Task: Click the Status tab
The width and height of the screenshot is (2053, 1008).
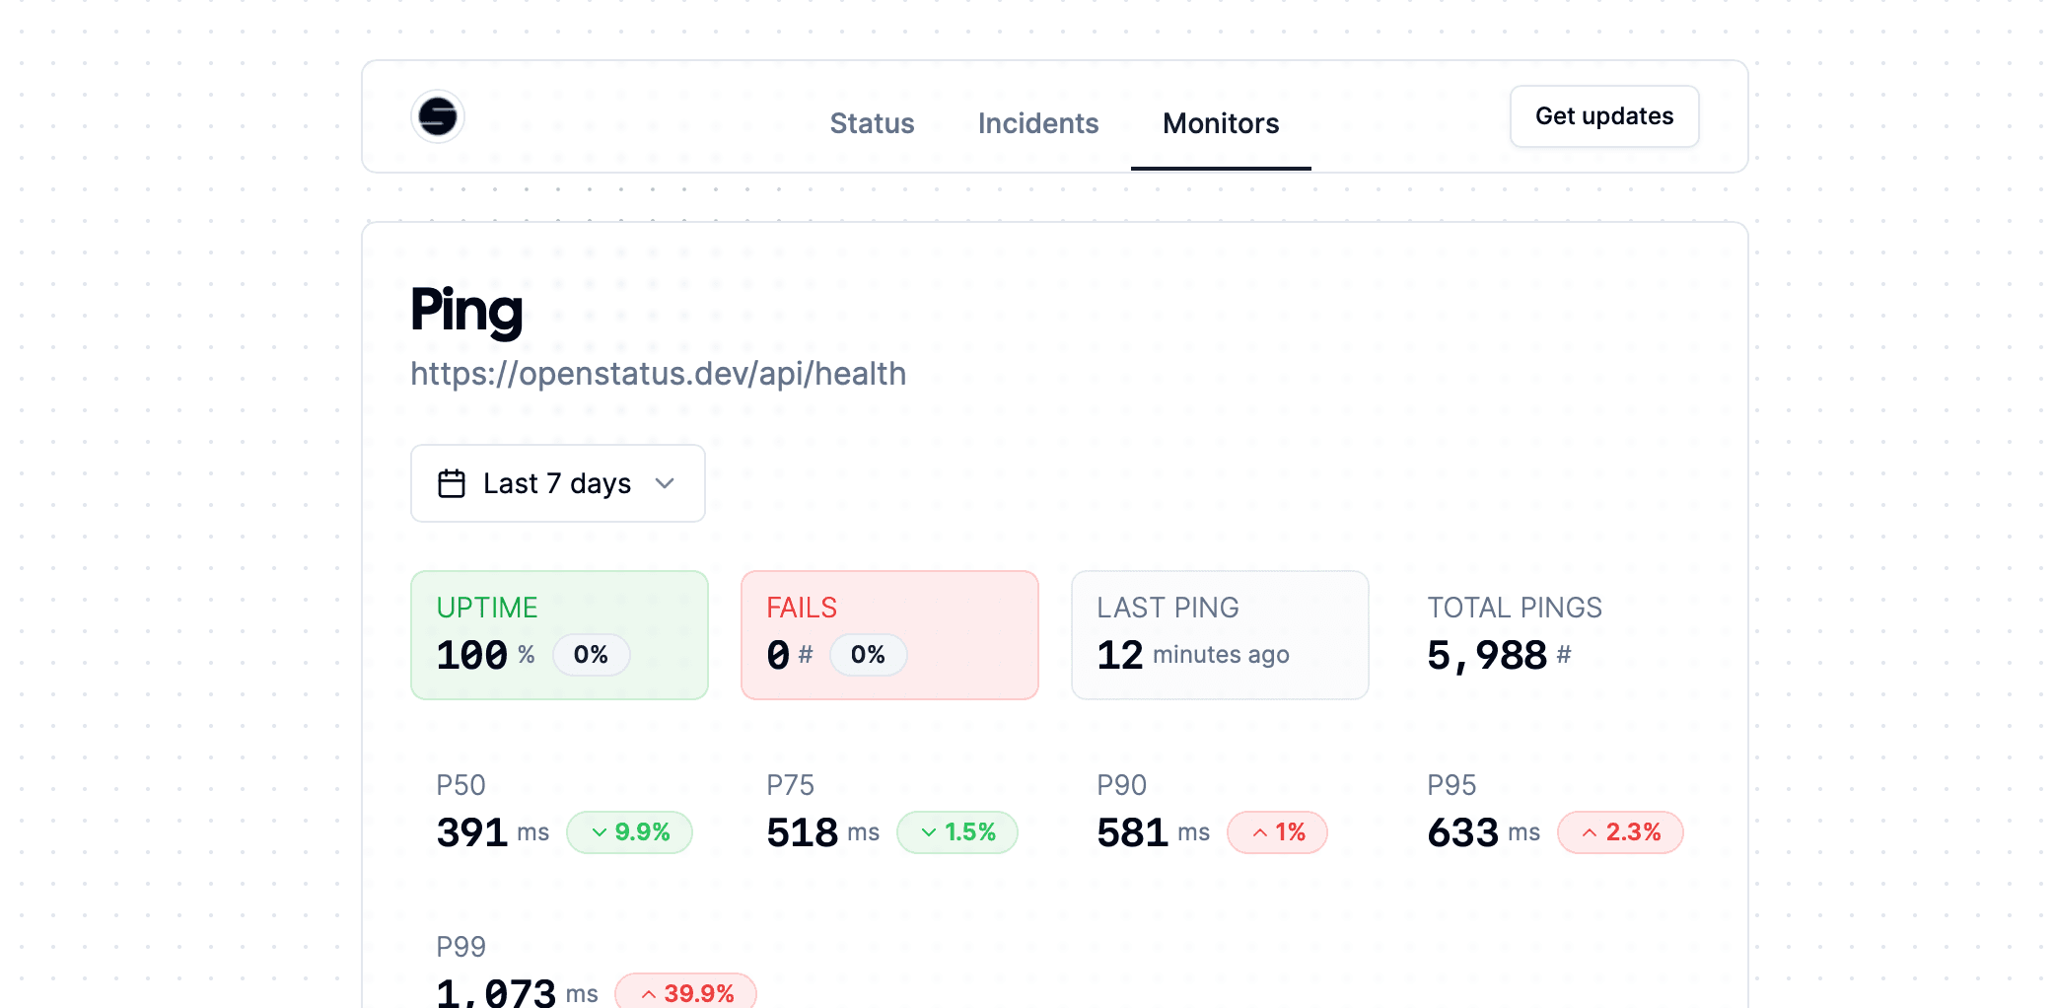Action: tap(872, 123)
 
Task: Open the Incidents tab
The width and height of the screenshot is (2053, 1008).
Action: tap(1037, 123)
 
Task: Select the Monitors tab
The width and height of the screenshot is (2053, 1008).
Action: tap(1220, 123)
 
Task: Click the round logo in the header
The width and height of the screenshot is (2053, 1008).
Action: tap(438, 116)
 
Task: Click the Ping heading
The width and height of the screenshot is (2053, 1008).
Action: tap(466, 310)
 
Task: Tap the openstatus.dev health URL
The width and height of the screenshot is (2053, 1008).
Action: tap(658, 374)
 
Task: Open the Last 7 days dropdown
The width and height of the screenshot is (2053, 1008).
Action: tap(557, 483)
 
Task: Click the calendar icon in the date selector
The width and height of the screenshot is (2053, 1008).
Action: tap(452, 483)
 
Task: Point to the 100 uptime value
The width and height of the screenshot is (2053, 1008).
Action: tap(472, 655)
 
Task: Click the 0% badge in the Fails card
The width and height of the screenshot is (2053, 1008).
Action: tap(868, 655)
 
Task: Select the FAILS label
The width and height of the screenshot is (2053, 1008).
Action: tap(802, 608)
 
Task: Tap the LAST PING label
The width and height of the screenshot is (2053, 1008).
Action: tap(1168, 608)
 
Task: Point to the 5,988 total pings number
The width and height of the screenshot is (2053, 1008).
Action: tap(1487, 655)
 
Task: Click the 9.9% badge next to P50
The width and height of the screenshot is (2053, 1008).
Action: tap(629, 832)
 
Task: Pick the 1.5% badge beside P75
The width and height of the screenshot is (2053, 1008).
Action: tap(956, 832)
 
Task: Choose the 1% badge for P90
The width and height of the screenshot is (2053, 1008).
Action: tap(1277, 832)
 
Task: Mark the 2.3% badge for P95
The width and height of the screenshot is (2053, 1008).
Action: tap(1620, 832)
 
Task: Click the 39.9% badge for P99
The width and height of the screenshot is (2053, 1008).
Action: tap(685, 992)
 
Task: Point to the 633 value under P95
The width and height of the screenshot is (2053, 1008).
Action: tap(1462, 832)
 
